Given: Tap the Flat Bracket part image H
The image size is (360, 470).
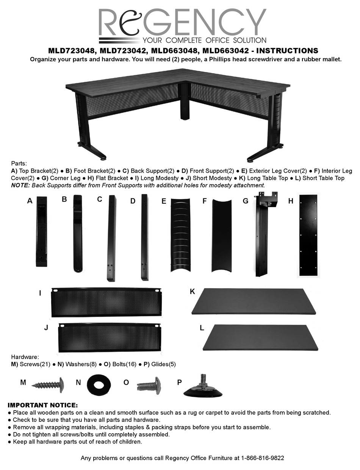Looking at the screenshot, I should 308,235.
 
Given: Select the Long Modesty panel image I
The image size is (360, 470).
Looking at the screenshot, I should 106,302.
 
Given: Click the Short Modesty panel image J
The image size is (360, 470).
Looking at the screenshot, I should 110,337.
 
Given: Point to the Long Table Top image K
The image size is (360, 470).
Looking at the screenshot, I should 254,301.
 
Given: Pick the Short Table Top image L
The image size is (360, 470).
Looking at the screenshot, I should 261,337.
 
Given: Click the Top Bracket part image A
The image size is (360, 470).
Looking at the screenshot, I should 41,231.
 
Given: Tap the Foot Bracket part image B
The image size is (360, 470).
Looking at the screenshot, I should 77,233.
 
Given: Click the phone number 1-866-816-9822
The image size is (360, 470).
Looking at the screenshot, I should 263,458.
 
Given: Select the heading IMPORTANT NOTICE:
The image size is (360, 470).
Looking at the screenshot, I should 42,405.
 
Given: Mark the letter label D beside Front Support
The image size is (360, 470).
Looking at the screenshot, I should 133,201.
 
